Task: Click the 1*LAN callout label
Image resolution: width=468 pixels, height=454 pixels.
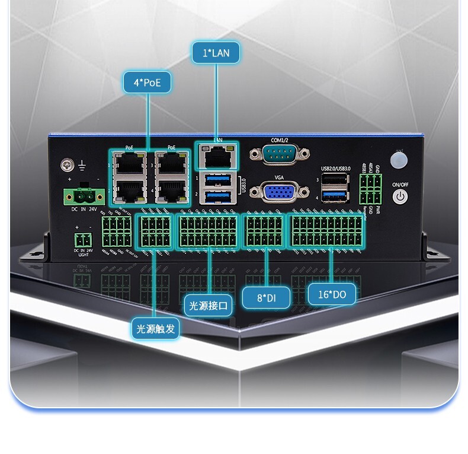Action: coord(216,53)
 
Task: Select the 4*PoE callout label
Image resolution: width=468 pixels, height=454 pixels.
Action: coord(147,82)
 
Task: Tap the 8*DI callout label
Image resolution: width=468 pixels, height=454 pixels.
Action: coord(266,297)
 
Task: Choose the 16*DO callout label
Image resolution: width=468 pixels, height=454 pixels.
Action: coord(332,294)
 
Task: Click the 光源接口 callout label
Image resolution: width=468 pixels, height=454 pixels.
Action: coord(208,306)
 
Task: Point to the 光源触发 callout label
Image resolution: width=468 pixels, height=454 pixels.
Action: coord(156,328)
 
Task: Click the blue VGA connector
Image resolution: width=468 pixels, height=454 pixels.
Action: coord(278,192)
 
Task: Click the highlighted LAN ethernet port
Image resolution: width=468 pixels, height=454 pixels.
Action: coord(217,157)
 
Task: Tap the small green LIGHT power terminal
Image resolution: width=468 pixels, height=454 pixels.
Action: coord(84,240)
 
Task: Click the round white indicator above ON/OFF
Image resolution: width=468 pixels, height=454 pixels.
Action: coord(400,161)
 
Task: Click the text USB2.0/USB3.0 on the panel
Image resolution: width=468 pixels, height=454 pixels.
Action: coord(336,169)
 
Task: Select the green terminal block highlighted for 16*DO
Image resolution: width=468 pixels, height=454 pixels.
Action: coord(326,231)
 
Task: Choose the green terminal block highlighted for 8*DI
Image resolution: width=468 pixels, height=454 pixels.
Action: coord(264,231)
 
